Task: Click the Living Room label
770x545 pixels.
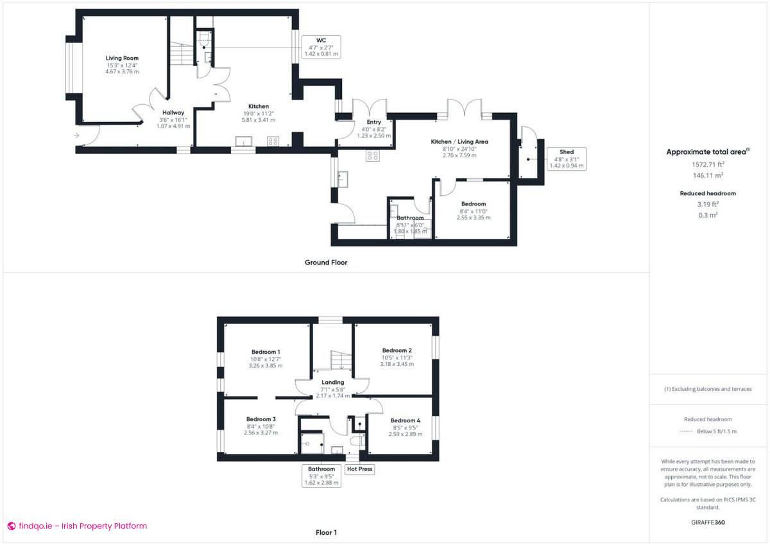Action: pyautogui.click(x=122, y=58)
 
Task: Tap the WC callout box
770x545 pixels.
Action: pyautogui.click(x=321, y=48)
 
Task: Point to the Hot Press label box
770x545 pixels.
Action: pyautogui.click(x=359, y=469)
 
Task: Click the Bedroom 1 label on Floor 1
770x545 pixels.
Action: pyautogui.click(x=265, y=352)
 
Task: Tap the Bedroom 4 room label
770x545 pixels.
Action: pyautogui.click(x=406, y=421)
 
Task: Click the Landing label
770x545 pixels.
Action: pyautogui.click(x=332, y=383)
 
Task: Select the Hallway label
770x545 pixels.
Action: pyautogui.click(x=173, y=112)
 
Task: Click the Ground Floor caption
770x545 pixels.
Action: pyautogui.click(x=326, y=263)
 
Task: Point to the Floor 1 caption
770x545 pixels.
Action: pyautogui.click(x=326, y=532)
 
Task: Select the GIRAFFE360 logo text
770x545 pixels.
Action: pyautogui.click(x=708, y=523)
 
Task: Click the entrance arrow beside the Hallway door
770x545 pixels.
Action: pyautogui.click(x=78, y=135)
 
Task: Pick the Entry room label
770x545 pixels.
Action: pyautogui.click(x=373, y=122)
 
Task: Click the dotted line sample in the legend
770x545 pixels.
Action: pyautogui.click(x=687, y=431)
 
